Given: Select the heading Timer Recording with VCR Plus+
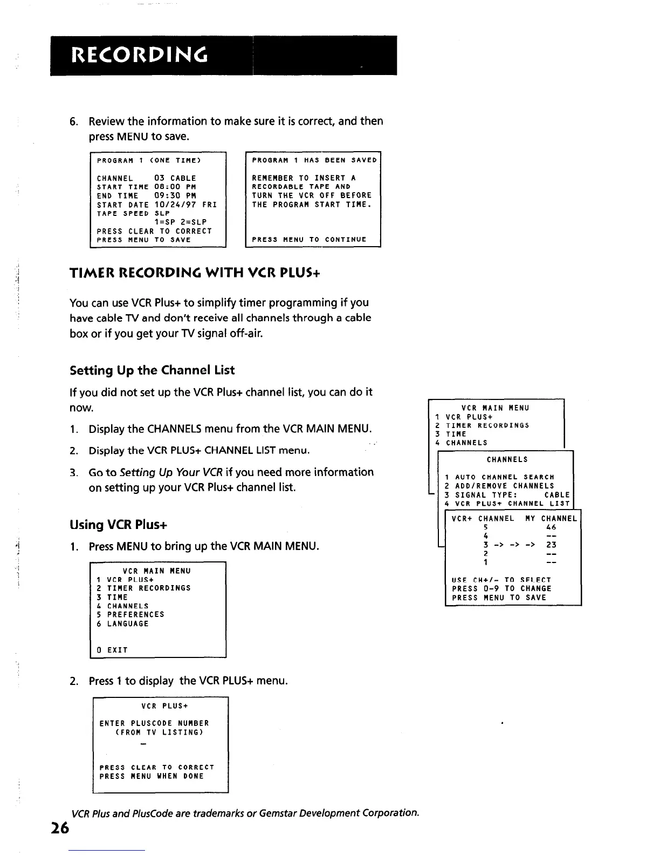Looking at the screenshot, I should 195,273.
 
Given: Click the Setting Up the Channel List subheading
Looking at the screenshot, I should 152,370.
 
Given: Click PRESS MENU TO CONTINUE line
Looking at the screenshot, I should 309,240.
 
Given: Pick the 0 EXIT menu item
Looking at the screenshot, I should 112,650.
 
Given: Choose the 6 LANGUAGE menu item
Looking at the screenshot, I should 122,623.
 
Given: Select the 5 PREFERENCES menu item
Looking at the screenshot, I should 130,614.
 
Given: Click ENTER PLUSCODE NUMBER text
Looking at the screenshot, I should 154,723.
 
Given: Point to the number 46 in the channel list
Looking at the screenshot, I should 551,527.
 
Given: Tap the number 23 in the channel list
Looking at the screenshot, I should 551,545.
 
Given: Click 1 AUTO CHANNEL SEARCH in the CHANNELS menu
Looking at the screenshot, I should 499,477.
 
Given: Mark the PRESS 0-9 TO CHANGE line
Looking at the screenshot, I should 501,589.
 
